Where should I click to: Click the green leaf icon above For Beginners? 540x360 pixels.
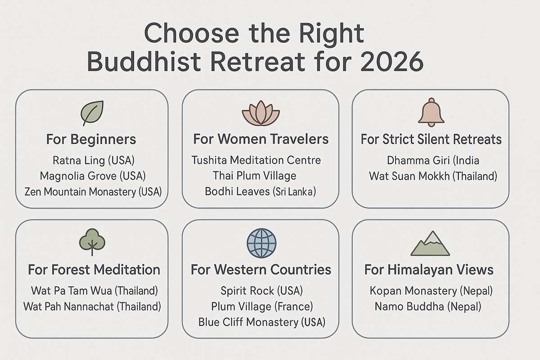[93, 112]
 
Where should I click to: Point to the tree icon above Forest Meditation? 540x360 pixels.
[92, 243]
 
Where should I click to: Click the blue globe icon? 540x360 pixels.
[261, 243]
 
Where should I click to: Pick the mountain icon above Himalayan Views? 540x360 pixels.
[431, 244]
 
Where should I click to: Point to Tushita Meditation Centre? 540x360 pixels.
[256, 160]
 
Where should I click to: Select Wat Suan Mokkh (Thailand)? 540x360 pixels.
[433, 175]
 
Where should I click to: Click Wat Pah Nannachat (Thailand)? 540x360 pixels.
[92, 307]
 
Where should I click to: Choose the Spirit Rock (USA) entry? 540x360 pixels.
[261, 291]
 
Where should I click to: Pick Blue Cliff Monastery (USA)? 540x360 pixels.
[261, 322]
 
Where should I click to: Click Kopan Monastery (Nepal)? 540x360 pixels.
[431, 291]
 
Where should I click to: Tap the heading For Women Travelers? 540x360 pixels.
[261, 139]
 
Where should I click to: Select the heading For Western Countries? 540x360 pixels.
[261, 270]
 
